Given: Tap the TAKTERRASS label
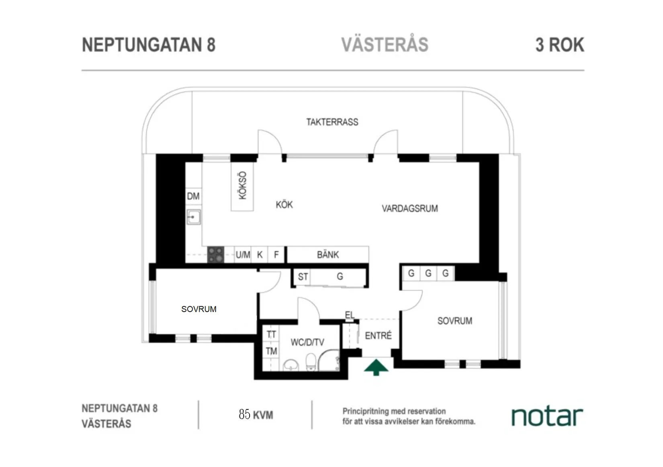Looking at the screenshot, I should point(332,122).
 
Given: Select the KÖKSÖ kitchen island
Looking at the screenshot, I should point(242,186).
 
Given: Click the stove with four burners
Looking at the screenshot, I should point(215,255).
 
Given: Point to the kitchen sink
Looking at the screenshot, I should point(193,217).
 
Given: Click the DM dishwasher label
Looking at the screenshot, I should point(193,196).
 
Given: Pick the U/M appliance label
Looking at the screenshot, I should point(243,255).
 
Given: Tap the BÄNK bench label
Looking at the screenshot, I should point(327,255).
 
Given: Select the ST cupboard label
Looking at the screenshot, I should point(303,277).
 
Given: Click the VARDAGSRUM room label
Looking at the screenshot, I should point(409,209).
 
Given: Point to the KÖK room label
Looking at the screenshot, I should point(284,205).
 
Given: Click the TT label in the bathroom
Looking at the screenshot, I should point(271,334).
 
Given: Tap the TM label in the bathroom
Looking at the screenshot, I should point(271,351).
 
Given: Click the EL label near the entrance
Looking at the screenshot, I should point(350,315).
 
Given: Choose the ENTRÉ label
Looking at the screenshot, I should point(378,336).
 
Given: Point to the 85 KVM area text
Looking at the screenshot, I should point(256,414).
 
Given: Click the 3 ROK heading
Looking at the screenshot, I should point(559,45).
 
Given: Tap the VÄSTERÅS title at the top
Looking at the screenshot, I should point(385,44).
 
